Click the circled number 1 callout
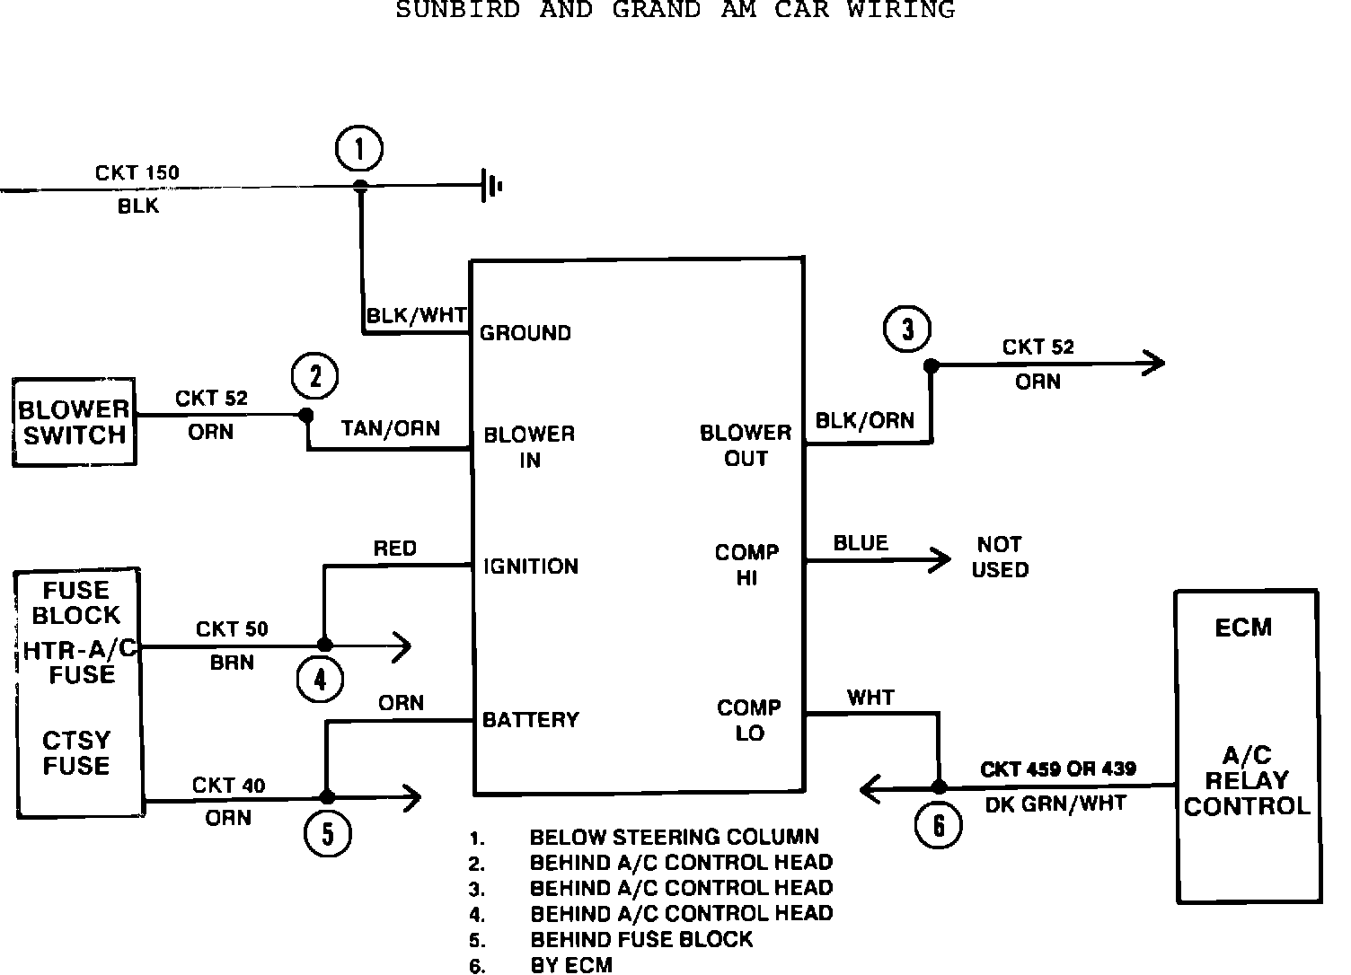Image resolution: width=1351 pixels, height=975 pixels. pos(359,149)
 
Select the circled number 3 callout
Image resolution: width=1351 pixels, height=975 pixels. pos(907,329)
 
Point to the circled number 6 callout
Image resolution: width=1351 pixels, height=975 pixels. pos(939,824)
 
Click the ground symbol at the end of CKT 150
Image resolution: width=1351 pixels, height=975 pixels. pos(491,186)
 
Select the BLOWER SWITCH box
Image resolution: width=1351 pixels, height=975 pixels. pos(74,422)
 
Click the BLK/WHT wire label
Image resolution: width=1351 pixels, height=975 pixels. pos(416,316)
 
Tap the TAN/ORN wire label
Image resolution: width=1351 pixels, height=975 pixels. pos(391,428)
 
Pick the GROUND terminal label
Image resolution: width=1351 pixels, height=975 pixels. pos(525,333)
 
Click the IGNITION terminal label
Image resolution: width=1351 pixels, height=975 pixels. pos(531,567)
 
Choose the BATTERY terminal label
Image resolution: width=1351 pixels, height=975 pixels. pos(531,720)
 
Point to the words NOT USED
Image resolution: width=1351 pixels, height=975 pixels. pos(1000,557)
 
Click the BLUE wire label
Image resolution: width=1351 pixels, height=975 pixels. pos(861,543)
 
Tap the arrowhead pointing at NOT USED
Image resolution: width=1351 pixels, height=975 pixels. pos(942,559)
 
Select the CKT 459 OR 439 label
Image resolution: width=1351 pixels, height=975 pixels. pos(1057,769)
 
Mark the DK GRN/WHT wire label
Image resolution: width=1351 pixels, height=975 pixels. pos(1055,804)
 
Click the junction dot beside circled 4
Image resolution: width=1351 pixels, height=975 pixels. pos(324,645)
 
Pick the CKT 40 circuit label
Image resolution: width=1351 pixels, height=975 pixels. pos(228,786)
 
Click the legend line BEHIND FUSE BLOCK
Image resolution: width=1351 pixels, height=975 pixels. pos(641,940)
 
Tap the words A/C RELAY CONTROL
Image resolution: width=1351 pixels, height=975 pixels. pos(1247,780)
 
